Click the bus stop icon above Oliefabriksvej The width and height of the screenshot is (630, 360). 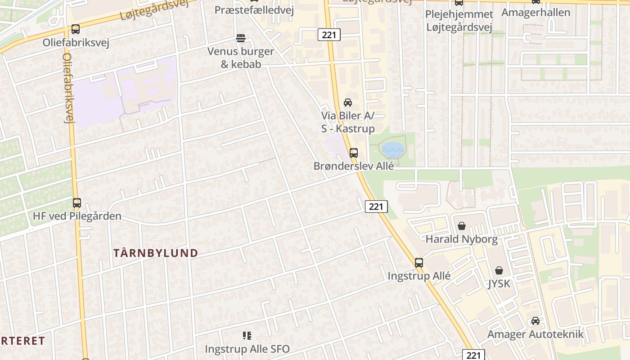(x=76, y=30)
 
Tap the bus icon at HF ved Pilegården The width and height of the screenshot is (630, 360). (x=77, y=203)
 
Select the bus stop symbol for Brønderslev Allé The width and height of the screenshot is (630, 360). (x=354, y=153)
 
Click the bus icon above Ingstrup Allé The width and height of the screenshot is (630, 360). (x=419, y=263)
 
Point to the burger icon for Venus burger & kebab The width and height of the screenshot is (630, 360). (x=241, y=38)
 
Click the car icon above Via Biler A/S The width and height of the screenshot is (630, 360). (x=348, y=103)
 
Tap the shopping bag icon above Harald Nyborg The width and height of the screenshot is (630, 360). (x=462, y=226)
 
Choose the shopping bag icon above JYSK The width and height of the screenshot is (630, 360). (x=499, y=271)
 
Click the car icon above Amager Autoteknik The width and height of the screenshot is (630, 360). (x=535, y=321)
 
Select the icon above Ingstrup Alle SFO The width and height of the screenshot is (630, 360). (x=247, y=336)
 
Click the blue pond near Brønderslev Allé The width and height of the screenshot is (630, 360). (x=393, y=150)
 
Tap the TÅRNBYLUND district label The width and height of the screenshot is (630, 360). (x=156, y=253)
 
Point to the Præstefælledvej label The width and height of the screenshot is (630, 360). (x=254, y=10)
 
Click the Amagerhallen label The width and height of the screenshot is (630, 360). (x=536, y=12)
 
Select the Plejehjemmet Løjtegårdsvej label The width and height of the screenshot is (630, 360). (x=459, y=21)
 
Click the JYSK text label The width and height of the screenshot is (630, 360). (x=499, y=284)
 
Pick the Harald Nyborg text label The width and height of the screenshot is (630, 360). (x=462, y=239)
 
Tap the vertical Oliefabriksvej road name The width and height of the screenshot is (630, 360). (x=68, y=88)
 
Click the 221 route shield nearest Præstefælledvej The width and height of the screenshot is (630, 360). (x=329, y=35)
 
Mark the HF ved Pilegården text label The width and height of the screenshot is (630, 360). (x=77, y=216)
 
